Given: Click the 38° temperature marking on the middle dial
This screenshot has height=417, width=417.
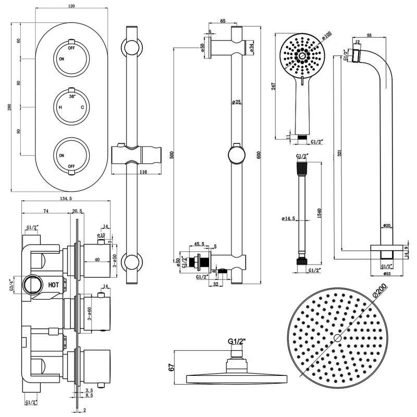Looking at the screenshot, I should tap(71, 97).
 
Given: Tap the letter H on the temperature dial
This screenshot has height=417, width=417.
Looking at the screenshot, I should tap(60, 107).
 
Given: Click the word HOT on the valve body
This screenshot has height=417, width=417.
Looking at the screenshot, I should tap(53, 285).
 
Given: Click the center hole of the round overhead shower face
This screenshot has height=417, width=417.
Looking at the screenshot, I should tap(337, 338).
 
